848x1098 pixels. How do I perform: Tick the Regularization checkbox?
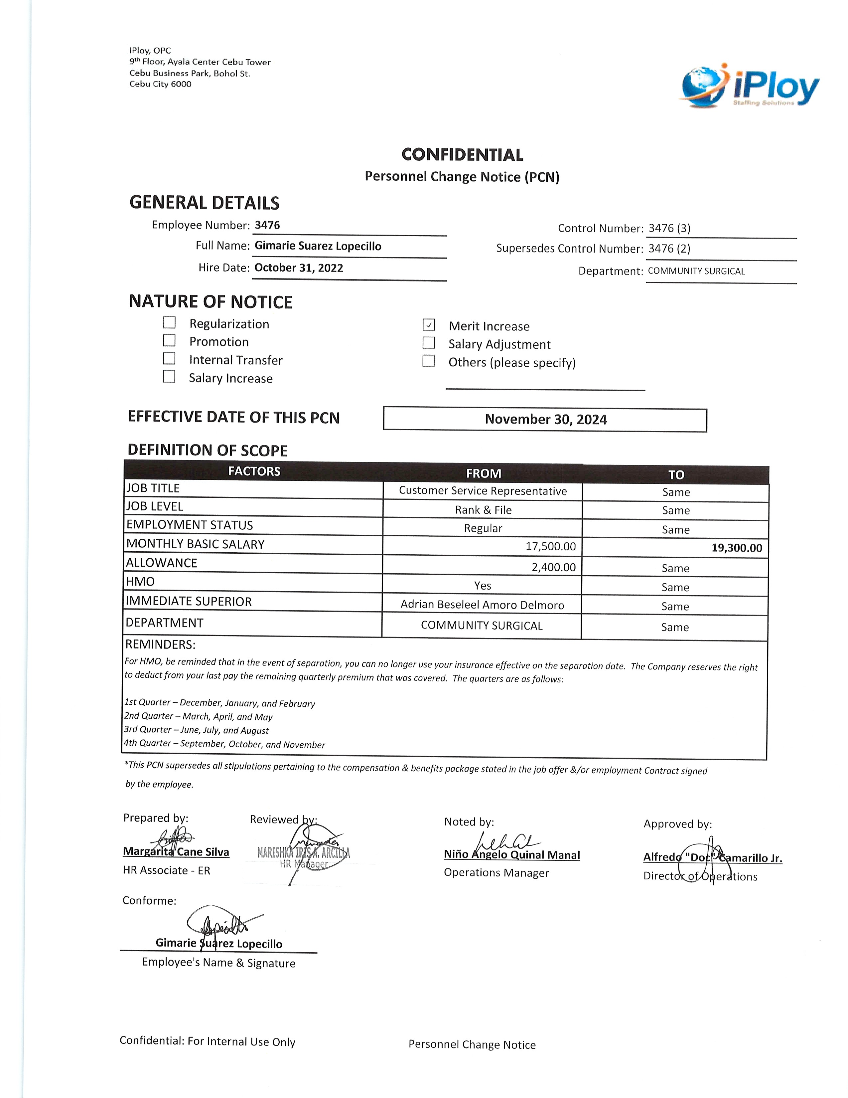pyautogui.click(x=169, y=322)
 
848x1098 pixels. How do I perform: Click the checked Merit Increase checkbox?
pyautogui.click(x=429, y=325)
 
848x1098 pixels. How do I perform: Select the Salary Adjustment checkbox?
pyautogui.click(x=429, y=343)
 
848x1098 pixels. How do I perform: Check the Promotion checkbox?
pyautogui.click(x=169, y=340)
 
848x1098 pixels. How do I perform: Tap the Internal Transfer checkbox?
pyautogui.click(x=169, y=358)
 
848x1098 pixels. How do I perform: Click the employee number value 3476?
pyautogui.click(x=267, y=225)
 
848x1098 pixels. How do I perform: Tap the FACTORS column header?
pyautogui.click(x=254, y=471)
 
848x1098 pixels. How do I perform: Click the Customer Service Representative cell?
pyautogui.click(x=483, y=491)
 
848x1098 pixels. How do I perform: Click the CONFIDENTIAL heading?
pyautogui.click(x=462, y=155)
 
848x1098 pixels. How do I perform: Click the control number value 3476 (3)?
pyautogui.click(x=669, y=228)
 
